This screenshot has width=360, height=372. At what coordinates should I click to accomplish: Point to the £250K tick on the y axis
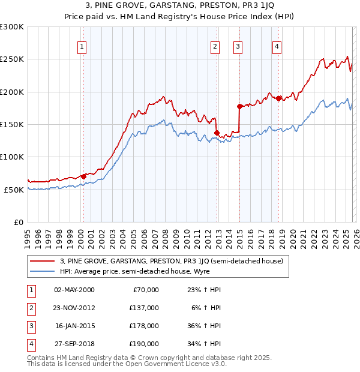pos(12,59)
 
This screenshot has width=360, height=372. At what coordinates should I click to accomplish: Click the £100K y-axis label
pos(12,157)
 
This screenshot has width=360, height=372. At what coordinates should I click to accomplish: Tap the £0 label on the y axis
pos(17,222)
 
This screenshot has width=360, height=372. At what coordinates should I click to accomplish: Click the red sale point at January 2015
pos(239,106)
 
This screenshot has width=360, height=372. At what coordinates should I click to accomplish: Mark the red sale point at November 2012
pos(217,133)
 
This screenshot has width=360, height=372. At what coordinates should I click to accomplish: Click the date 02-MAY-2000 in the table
pos(74,290)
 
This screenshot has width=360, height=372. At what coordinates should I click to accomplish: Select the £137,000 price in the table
pos(145,308)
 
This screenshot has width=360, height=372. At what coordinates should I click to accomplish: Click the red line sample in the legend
pos(41,261)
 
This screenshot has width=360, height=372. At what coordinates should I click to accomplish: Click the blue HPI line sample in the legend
pos(41,271)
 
